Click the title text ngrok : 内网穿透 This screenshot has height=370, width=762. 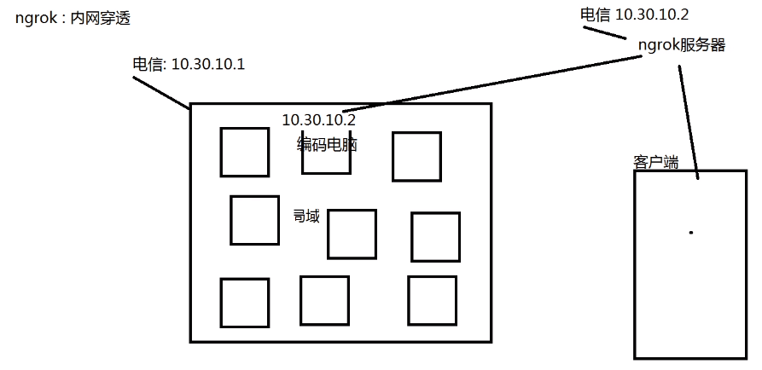[73, 18]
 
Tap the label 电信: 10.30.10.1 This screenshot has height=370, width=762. [189, 65]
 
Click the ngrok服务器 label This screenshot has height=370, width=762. [681, 45]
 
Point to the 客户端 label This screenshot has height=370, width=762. [655, 162]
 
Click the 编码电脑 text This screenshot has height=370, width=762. [327, 145]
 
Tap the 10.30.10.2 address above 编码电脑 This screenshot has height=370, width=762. [318, 120]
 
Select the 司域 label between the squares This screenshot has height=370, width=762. [305, 217]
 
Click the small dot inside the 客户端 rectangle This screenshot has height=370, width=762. [690, 232]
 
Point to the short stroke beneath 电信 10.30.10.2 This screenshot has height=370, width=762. [606, 32]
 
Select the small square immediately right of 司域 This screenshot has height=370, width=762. [352, 234]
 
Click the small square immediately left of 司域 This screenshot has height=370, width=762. [254, 220]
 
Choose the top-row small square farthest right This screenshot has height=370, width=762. [416, 157]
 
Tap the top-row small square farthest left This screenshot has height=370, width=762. [245, 152]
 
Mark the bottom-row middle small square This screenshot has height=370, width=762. [324, 300]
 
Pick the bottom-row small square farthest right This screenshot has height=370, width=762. [432, 300]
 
